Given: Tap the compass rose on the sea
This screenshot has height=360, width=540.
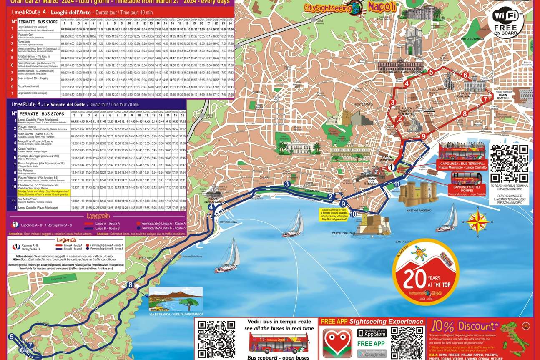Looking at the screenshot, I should pos(478,221).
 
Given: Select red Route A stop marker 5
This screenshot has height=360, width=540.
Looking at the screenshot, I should pos(431,72).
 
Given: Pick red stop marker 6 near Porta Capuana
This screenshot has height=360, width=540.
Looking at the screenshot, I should pos(465,76).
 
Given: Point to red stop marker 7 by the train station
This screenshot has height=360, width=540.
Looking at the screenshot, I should pos(485,99).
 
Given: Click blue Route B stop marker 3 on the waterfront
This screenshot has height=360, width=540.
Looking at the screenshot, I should pos(287,184).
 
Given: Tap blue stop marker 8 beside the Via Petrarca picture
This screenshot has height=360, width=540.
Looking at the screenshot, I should pos(131,285).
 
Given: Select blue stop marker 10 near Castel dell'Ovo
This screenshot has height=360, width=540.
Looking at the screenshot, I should pos(353,214).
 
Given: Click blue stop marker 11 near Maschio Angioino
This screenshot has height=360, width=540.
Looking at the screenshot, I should pos(397,184).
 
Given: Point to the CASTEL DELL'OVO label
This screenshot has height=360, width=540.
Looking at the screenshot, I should pos(343,233).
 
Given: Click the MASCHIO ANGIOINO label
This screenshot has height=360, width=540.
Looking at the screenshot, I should pos(419,211).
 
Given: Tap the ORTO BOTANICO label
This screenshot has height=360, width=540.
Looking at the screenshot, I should pos(472,39).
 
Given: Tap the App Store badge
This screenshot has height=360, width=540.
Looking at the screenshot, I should pos(372,333).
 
